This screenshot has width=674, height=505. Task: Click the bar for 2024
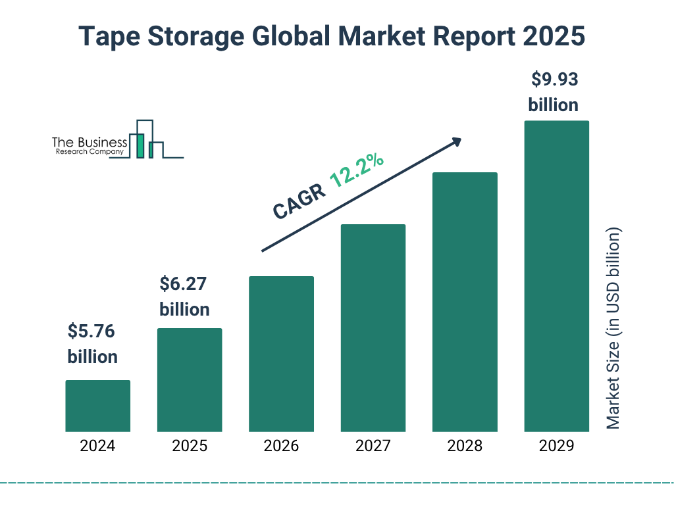97,406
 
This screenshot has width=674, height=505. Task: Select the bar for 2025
190,379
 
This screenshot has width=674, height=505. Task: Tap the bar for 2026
281,354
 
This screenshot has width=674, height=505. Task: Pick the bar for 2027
373,327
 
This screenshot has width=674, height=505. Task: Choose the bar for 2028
465,302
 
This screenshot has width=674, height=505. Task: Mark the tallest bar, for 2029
556,276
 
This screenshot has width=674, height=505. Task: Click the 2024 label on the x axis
97,446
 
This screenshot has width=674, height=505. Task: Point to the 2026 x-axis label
281,446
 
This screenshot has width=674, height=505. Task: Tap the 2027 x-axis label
373,446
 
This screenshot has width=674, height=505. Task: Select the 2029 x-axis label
556,446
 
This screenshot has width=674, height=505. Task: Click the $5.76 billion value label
93,344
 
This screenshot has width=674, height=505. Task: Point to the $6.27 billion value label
185,297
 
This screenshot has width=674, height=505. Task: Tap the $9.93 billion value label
554,92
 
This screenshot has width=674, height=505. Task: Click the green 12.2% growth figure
357,170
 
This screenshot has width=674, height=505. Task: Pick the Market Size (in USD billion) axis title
613,329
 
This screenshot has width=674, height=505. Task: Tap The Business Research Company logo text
90,146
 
